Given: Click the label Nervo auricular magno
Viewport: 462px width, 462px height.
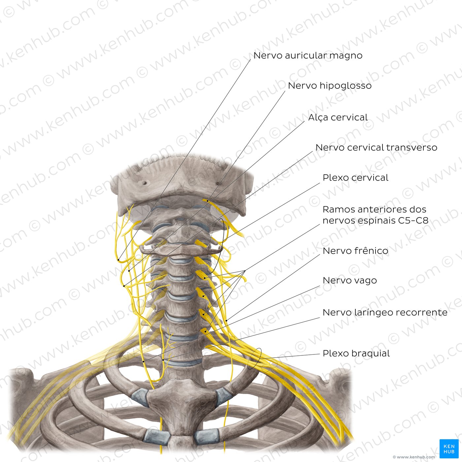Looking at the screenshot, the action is point(308,55).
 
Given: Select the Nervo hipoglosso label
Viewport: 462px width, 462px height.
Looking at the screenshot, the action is point(330,85).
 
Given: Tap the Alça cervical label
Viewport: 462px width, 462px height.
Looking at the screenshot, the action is point(338,117).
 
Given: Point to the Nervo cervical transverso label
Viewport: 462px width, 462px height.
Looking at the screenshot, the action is point(377,148).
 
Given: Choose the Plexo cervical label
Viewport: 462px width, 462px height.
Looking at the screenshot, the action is point(355,178).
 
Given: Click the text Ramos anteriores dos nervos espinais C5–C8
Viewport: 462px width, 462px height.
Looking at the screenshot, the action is point(376,215).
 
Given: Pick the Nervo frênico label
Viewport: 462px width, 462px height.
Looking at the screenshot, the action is point(355,251).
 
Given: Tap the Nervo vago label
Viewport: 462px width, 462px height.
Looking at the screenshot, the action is point(350,280).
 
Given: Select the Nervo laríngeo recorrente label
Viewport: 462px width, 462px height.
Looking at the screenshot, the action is point(385,313).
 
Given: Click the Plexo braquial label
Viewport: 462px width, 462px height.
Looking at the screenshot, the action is point(356,353).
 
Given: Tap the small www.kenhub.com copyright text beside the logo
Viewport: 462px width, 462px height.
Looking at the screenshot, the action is point(414,457).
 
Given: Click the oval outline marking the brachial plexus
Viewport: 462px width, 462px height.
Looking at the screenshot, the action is point(254,359).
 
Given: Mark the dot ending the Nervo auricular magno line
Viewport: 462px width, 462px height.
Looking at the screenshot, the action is point(118,260).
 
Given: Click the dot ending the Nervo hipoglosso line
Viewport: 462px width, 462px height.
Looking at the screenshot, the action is point(207,201).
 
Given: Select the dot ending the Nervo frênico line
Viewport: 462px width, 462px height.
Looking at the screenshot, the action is point(227,320).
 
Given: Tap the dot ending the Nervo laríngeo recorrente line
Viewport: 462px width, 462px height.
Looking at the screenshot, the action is point(163,360).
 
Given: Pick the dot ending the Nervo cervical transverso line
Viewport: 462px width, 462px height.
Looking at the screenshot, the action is point(124,286).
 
